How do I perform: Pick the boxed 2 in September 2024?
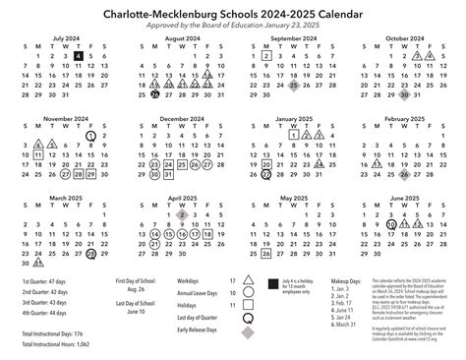pos(266,56)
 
